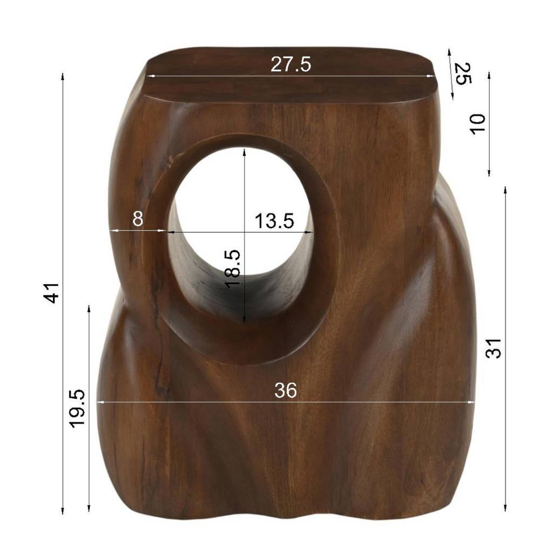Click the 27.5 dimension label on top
tap(291, 64)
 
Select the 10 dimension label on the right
tap(478, 124)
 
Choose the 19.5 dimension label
tap(77, 409)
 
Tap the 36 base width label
tap(286, 390)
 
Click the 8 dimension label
tap(138, 218)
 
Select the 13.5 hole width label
tap(274, 221)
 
